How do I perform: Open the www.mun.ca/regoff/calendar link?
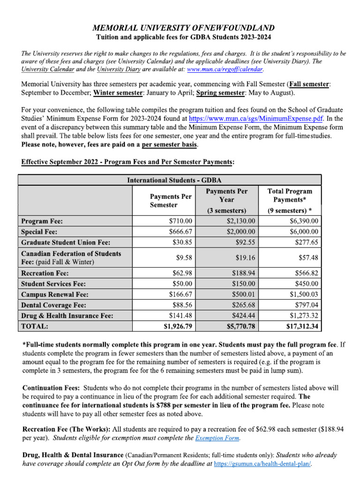tap(225, 69)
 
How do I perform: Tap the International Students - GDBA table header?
tap(174, 180)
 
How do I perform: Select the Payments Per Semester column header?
tap(171, 201)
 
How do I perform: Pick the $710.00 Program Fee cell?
tap(180, 221)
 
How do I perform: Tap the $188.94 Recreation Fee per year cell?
tap(243, 273)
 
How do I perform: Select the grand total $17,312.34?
tap(302, 326)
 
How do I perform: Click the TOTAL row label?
tap(35, 326)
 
